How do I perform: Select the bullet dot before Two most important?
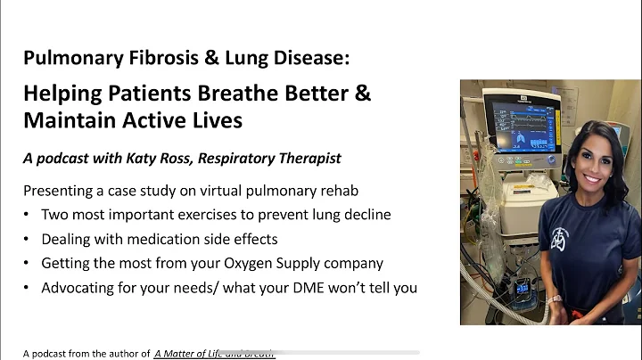click(29, 215)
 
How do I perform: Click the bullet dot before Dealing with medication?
click(29, 239)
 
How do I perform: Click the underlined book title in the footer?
click(214, 353)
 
